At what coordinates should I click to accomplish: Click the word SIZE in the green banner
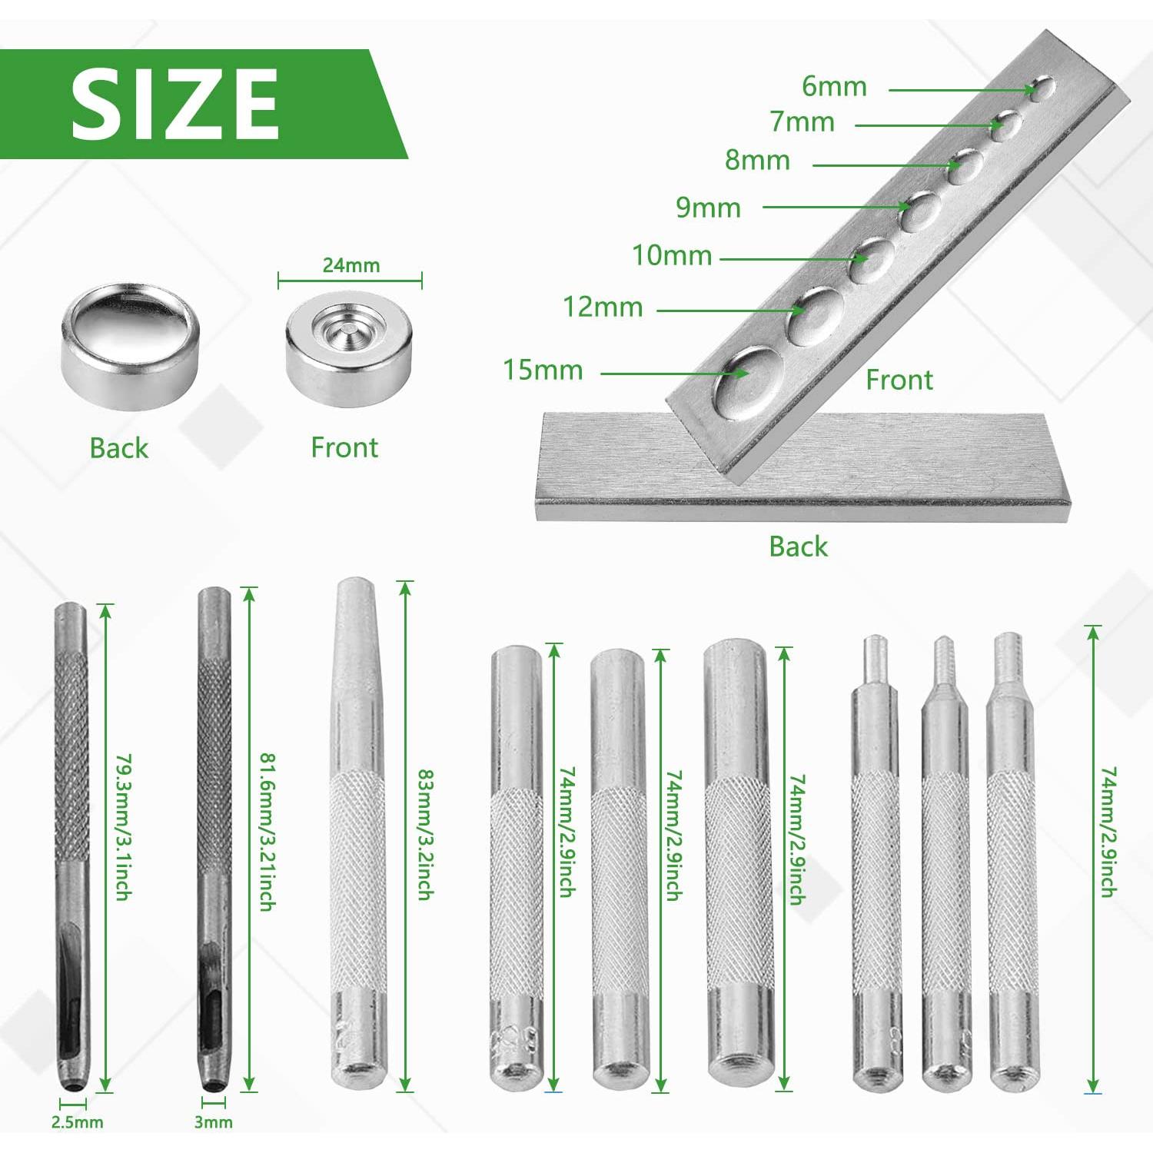coord(174,104)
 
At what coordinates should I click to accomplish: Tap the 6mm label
coord(834,86)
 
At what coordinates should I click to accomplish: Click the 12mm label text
coord(603,307)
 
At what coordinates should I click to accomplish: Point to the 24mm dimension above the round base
coord(351,265)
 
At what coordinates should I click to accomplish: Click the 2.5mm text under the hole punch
coord(77,1122)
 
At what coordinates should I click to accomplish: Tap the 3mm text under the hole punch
coord(213,1122)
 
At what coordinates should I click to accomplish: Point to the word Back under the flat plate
coord(798,547)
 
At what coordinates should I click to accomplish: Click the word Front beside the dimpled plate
coord(899,380)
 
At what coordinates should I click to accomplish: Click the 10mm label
coord(672,255)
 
